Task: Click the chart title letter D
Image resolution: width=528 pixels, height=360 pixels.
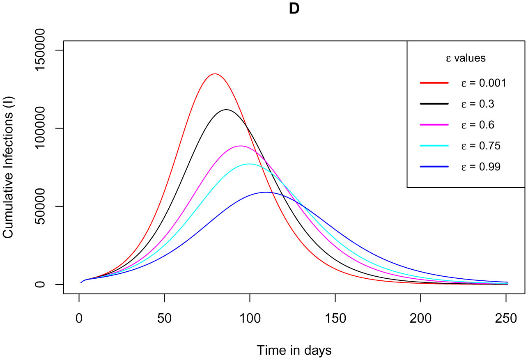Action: point(294,9)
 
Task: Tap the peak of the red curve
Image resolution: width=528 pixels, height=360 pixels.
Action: point(215,74)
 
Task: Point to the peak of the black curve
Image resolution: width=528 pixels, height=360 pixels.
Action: point(226,110)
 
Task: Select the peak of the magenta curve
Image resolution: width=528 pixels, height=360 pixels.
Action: point(241,146)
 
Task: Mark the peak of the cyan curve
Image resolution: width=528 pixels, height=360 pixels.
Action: point(249,164)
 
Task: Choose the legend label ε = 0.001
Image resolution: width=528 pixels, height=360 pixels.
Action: point(483,83)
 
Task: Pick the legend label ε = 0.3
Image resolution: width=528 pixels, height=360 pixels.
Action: point(477,104)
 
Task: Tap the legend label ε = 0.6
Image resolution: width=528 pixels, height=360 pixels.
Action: point(477,125)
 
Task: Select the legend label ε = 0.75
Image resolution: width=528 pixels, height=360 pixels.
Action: point(480,146)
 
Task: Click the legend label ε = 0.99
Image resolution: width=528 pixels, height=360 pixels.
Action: point(480,167)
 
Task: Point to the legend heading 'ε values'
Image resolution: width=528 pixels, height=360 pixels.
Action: point(466,58)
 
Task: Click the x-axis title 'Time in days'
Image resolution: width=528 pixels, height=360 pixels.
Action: point(294,350)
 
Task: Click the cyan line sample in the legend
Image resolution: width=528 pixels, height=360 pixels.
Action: point(434,146)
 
